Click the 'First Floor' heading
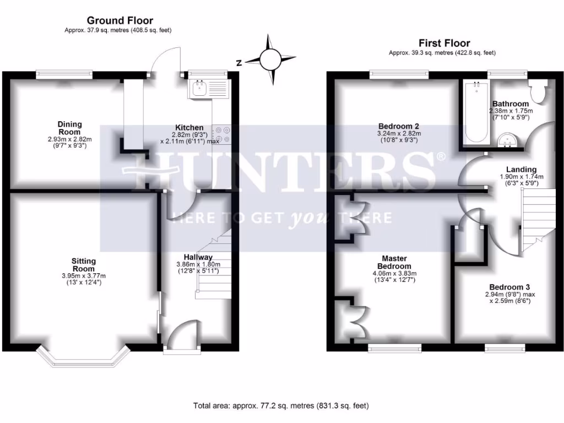[444, 43]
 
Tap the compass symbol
[270, 59]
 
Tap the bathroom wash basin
[507, 140]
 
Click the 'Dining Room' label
[70, 128]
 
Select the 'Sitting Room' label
[83, 264]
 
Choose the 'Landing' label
[522, 169]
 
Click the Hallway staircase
[215, 264]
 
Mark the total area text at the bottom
[281, 406]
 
